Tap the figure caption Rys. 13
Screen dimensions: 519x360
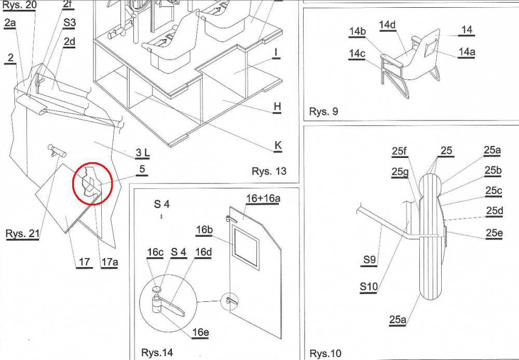coord(269,171)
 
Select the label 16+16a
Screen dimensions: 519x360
coord(263,198)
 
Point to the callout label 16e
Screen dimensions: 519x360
coord(200,332)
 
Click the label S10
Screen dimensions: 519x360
coord(368,286)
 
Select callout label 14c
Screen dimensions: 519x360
coord(357,54)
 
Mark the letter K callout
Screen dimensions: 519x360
coord(278,145)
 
